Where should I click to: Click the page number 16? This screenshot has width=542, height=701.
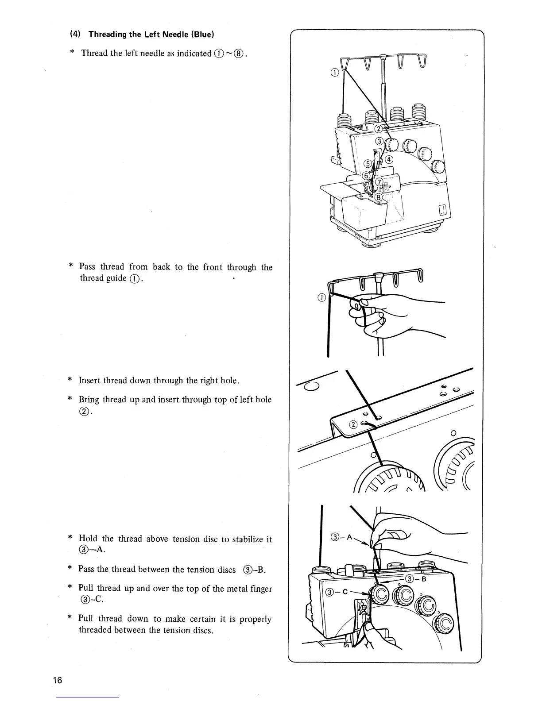(x=58, y=680)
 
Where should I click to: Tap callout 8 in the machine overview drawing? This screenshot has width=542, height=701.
(x=379, y=197)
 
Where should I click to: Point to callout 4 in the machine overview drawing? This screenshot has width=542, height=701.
(x=389, y=159)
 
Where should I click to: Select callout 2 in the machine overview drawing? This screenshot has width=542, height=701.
(x=379, y=129)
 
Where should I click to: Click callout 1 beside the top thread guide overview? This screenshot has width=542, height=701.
(x=335, y=73)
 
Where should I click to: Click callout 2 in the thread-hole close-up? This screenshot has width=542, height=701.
(x=353, y=425)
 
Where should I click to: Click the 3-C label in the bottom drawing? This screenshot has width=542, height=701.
(x=336, y=592)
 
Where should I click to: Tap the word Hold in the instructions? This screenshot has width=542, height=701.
(x=88, y=539)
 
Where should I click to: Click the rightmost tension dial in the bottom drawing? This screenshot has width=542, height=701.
(x=444, y=625)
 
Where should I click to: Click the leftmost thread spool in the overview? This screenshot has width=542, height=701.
(x=344, y=120)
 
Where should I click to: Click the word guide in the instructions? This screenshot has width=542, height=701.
(x=116, y=278)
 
